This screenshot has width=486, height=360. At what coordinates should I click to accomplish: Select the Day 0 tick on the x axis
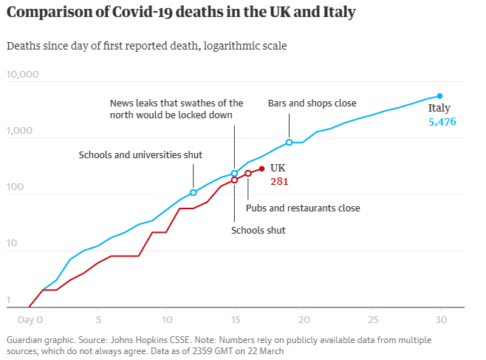tap(30, 320)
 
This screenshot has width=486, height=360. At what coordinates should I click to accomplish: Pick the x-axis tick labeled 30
tap(441, 320)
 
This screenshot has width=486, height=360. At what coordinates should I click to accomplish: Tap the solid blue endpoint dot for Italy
tap(440, 96)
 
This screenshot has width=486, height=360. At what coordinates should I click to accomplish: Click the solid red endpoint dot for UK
tap(262, 169)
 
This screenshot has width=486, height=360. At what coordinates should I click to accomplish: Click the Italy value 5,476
tap(442, 121)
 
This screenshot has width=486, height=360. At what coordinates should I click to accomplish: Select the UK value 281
tap(278, 180)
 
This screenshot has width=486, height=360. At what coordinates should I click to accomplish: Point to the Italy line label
tap(439, 109)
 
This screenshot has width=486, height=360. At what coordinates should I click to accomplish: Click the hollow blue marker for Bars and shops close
tap(290, 142)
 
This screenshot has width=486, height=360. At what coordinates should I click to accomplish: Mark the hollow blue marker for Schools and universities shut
tap(194, 192)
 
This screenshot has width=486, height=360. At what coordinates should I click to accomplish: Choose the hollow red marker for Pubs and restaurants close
tap(248, 174)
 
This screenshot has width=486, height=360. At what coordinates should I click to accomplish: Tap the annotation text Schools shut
tap(258, 231)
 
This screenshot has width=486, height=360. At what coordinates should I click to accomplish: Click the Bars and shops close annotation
tap(312, 103)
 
